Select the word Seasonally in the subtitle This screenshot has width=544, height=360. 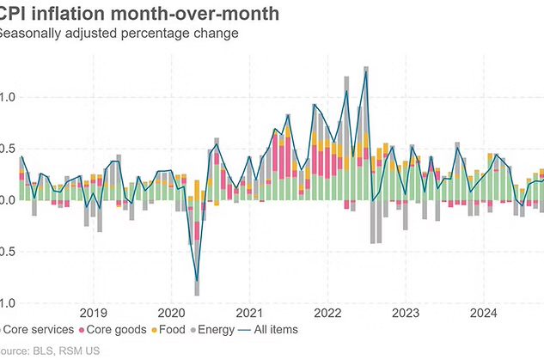pos(32,34)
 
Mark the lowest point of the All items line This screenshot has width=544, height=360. pos(197,281)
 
